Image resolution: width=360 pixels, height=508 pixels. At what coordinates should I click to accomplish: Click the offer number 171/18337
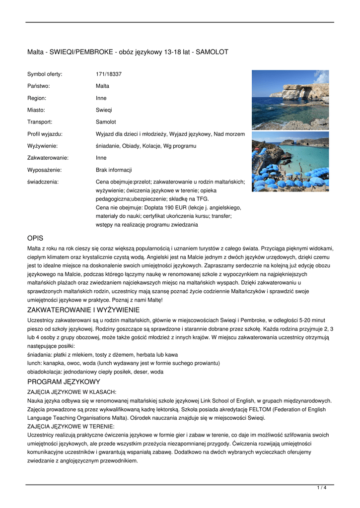pos(109,74)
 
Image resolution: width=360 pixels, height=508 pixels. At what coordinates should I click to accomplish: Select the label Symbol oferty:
pos(45,74)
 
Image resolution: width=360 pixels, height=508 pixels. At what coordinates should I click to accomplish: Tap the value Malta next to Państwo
pos(102,86)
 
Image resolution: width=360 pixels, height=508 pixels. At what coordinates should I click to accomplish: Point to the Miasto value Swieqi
pos(104,110)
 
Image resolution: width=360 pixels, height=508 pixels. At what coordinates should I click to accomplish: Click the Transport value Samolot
pos(106,122)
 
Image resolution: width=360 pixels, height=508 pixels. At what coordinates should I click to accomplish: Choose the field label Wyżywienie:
pos(42,146)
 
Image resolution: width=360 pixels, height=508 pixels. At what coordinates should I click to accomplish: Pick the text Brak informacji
pos(114,170)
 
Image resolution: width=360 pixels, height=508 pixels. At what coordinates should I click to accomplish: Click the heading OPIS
pos(36,238)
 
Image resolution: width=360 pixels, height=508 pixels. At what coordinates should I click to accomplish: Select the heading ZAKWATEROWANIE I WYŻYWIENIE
pos(83,310)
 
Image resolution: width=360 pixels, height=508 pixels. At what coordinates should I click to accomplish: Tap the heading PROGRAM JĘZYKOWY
pos(64,381)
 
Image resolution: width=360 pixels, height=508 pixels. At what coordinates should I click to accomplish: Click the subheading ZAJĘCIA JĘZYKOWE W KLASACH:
pos(72,392)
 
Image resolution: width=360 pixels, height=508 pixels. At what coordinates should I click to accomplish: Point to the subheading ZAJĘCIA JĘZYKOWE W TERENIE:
pos(71,426)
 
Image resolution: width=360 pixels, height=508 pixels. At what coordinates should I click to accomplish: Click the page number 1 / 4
pos(321,488)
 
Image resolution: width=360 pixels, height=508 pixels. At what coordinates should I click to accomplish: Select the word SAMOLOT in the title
pos(213,52)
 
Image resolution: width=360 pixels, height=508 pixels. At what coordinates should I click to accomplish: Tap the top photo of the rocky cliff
pos(290,99)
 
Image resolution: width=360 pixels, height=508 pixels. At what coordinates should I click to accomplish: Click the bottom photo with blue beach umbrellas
pos(290,162)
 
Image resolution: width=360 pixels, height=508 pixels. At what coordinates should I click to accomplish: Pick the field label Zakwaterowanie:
pos(48,158)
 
